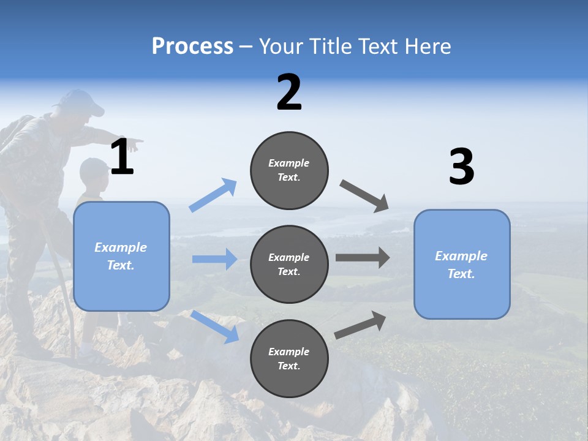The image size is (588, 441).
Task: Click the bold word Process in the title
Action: [x=192, y=47]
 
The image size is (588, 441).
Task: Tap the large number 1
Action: [x=122, y=157]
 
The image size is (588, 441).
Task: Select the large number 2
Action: [x=289, y=92]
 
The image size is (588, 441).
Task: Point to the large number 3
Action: [x=461, y=167]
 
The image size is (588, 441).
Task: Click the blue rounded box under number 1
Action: [x=121, y=256]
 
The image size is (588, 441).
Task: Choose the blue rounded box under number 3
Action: [x=462, y=264]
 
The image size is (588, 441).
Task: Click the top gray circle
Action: [x=289, y=170]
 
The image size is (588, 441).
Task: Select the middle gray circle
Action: [x=289, y=264]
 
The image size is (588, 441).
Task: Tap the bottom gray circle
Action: [x=289, y=358]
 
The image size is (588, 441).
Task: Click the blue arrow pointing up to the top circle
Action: [x=213, y=195]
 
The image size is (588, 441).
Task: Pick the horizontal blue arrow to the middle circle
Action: [x=214, y=259]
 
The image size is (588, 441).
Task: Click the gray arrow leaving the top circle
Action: [x=364, y=195]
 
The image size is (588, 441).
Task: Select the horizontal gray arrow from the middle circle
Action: [x=363, y=257]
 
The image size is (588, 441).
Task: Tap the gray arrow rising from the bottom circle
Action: [x=360, y=325]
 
